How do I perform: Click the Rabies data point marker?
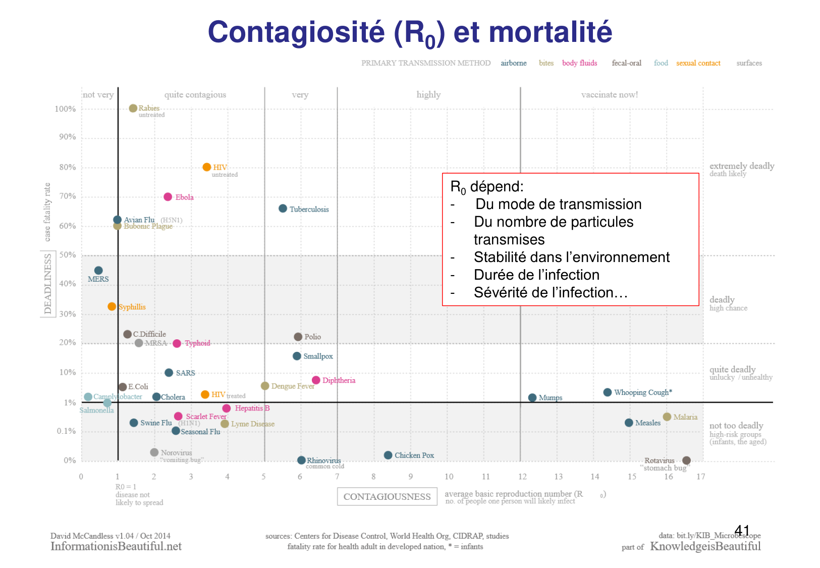coord(133,109)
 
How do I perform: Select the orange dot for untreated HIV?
coord(207,167)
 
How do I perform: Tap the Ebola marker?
coord(168,197)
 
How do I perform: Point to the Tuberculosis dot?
coord(283,209)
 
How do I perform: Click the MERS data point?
coord(98,271)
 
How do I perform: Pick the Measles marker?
coord(629,423)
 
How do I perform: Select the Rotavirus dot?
coord(686,460)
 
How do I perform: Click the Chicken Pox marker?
coord(388,455)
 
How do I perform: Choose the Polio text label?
coord(313,337)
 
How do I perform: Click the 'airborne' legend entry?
coord(514,63)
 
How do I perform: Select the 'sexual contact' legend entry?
coord(698,63)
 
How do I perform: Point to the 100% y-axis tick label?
coord(65,109)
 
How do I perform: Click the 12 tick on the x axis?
coord(522,477)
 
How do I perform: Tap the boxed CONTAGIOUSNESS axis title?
coord(387,497)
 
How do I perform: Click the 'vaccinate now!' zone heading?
coord(610,95)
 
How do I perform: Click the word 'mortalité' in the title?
coord(551,32)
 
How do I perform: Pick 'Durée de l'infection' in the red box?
coord(536,275)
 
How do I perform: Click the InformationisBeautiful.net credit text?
coord(116,546)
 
